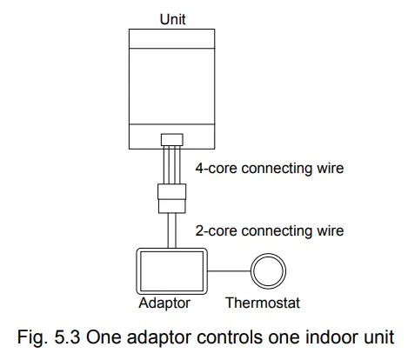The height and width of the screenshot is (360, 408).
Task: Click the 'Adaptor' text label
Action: [164, 303]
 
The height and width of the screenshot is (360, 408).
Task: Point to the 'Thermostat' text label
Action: [263, 303]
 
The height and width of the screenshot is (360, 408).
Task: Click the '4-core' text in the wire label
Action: [210, 168]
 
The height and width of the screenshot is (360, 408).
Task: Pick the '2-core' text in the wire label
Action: [210, 230]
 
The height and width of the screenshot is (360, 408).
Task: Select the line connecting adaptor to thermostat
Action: [229, 270]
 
